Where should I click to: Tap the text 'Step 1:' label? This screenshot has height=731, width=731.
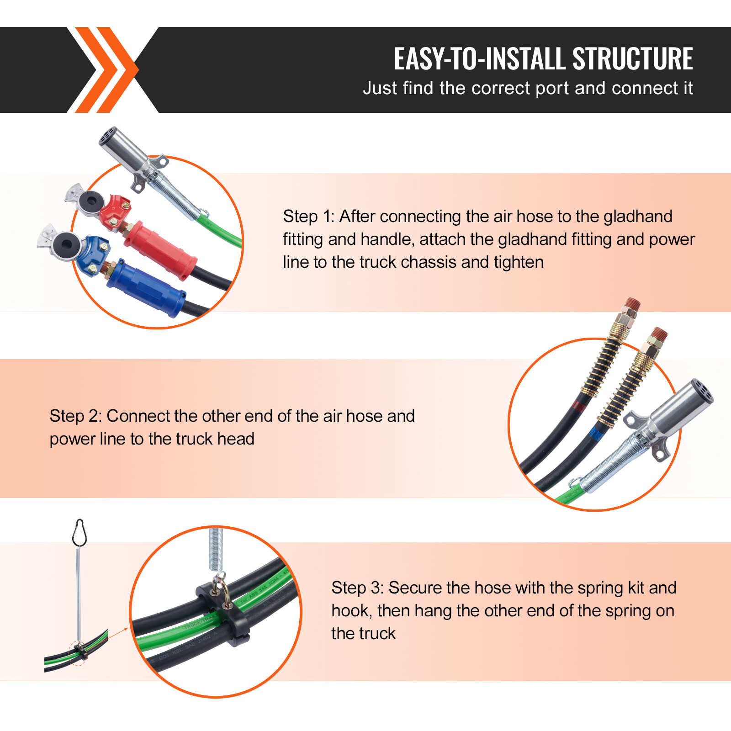pyautogui.click(x=309, y=217)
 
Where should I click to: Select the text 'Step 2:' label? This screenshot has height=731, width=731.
pyautogui.click(x=76, y=416)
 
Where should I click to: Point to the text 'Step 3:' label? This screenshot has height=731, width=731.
pyautogui.click(x=358, y=588)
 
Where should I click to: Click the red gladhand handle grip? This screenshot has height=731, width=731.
pyautogui.click(x=160, y=249)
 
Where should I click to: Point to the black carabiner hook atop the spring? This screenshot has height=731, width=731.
pyautogui.click(x=79, y=532)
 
